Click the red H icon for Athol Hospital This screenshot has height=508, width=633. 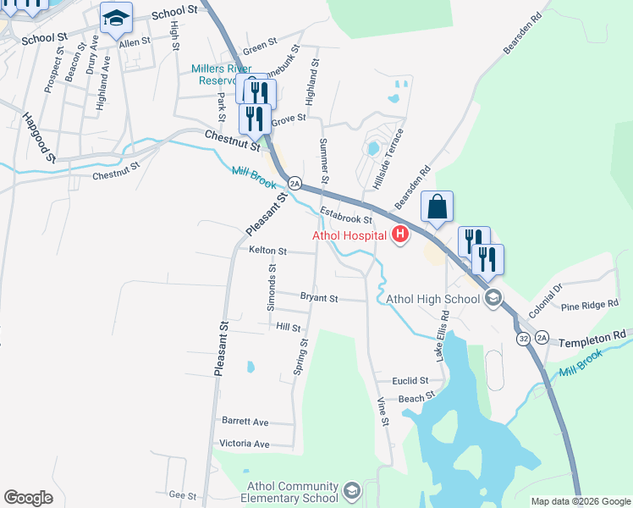tap(400, 235)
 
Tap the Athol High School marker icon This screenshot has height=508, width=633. tap(493, 298)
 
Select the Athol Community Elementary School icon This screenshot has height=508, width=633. tap(351, 490)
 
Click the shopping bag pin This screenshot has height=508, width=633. tap(437, 207)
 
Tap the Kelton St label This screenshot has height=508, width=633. tap(268, 251)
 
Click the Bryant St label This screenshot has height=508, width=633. tap(319, 298)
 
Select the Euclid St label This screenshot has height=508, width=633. tap(413, 381)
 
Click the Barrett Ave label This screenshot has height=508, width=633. tap(245, 422)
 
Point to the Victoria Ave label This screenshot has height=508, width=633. tap(244, 444)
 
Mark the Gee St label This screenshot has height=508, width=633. tap(183, 495)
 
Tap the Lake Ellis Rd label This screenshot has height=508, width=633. tap(440, 339)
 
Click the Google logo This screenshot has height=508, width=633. tap(28, 498)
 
